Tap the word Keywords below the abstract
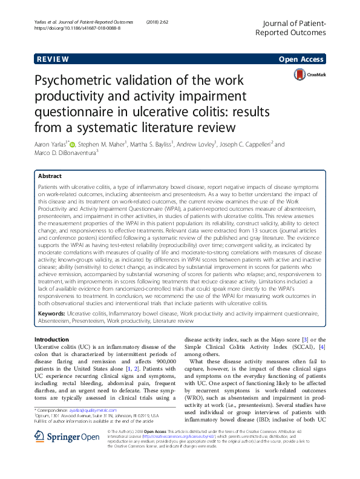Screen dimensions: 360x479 (51, 313)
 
